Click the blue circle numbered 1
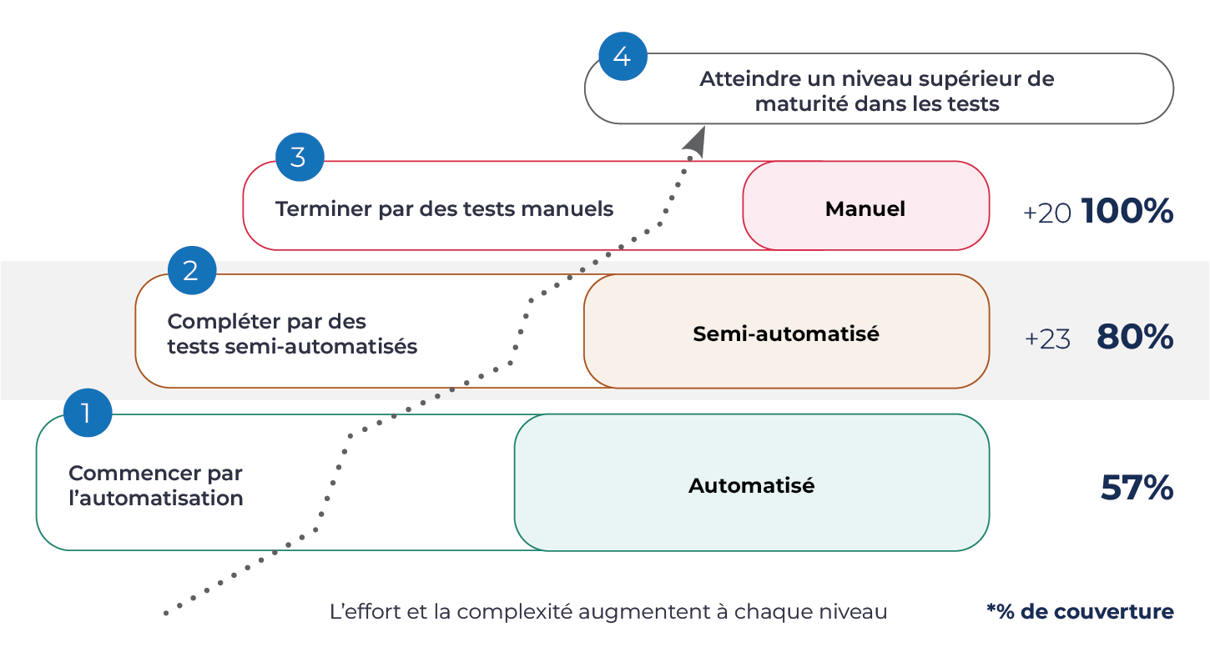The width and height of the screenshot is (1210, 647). pyautogui.click(x=88, y=413)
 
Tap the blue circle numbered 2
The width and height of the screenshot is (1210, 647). pyautogui.click(x=191, y=271)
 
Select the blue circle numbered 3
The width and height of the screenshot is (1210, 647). pyautogui.click(x=299, y=158)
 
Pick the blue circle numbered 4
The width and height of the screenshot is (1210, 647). pyautogui.click(x=623, y=57)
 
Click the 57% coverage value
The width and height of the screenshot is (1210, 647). pyautogui.click(x=1137, y=488)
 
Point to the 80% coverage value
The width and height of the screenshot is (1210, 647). pyautogui.click(x=1135, y=337)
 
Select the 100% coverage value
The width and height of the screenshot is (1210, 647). pyautogui.click(x=1127, y=212)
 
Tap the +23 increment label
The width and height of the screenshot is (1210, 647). pyautogui.click(x=1047, y=339)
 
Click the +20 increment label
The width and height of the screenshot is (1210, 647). pyautogui.click(x=1046, y=213)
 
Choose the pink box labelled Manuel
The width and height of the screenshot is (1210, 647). pyautogui.click(x=865, y=208)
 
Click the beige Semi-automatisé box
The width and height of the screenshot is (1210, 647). pyautogui.click(x=786, y=334)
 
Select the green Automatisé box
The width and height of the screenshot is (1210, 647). pyautogui.click(x=751, y=485)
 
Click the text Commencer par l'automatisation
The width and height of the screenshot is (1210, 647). pyautogui.click(x=156, y=485)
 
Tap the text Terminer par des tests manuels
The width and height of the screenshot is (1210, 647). pyautogui.click(x=444, y=208)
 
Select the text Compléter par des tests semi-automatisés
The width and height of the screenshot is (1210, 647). pyautogui.click(x=292, y=334)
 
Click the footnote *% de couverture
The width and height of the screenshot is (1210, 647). pyautogui.click(x=1080, y=611)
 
